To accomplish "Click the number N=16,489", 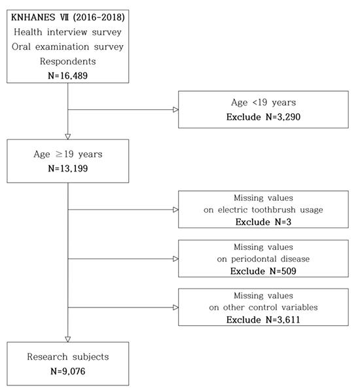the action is [x=67, y=76].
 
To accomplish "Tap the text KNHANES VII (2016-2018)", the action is [x=67, y=17].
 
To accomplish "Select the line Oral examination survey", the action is [x=67, y=46].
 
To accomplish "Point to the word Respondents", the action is [x=67, y=62].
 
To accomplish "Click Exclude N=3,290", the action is [x=263, y=117].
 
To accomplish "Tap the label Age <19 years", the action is [x=263, y=103].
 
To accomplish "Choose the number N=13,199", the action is [x=67, y=169].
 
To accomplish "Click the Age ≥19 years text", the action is [x=67, y=154].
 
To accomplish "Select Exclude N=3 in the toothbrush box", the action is [x=263, y=222].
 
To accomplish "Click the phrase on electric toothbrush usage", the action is [x=263, y=210].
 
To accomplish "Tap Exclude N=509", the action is [x=263, y=271].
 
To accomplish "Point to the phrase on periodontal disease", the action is [x=263, y=259].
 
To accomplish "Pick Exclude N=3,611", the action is [x=263, y=320].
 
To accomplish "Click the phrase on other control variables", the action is [x=263, y=308].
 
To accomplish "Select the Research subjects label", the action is [x=67, y=357].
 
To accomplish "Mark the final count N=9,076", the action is [x=67, y=371].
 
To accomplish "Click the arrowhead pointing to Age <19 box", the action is [x=175, y=110].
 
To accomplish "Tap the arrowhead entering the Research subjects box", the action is [x=67, y=339].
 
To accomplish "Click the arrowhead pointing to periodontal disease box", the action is [x=175, y=259].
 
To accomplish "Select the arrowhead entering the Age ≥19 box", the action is [x=67, y=137].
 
